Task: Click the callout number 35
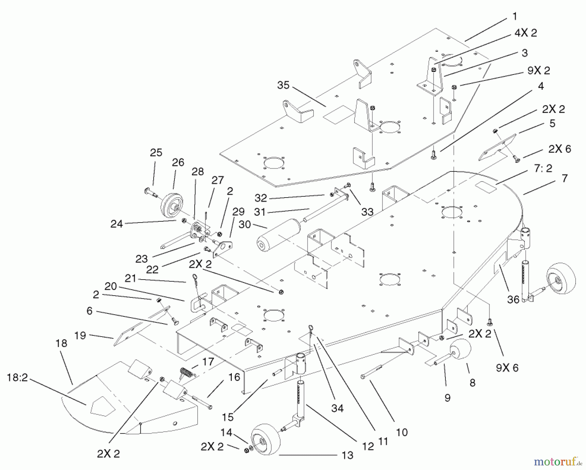[x=283, y=85]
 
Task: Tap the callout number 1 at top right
[x=515, y=16]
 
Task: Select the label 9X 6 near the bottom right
[x=507, y=368]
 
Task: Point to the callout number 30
[x=245, y=224]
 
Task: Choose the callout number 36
[x=513, y=299]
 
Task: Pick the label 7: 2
[x=543, y=168]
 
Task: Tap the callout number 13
[x=348, y=455]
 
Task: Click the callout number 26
[x=178, y=162]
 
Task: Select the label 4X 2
[x=526, y=33]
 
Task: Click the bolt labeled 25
[x=150, y=192]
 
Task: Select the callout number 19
[x=80, y=336]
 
